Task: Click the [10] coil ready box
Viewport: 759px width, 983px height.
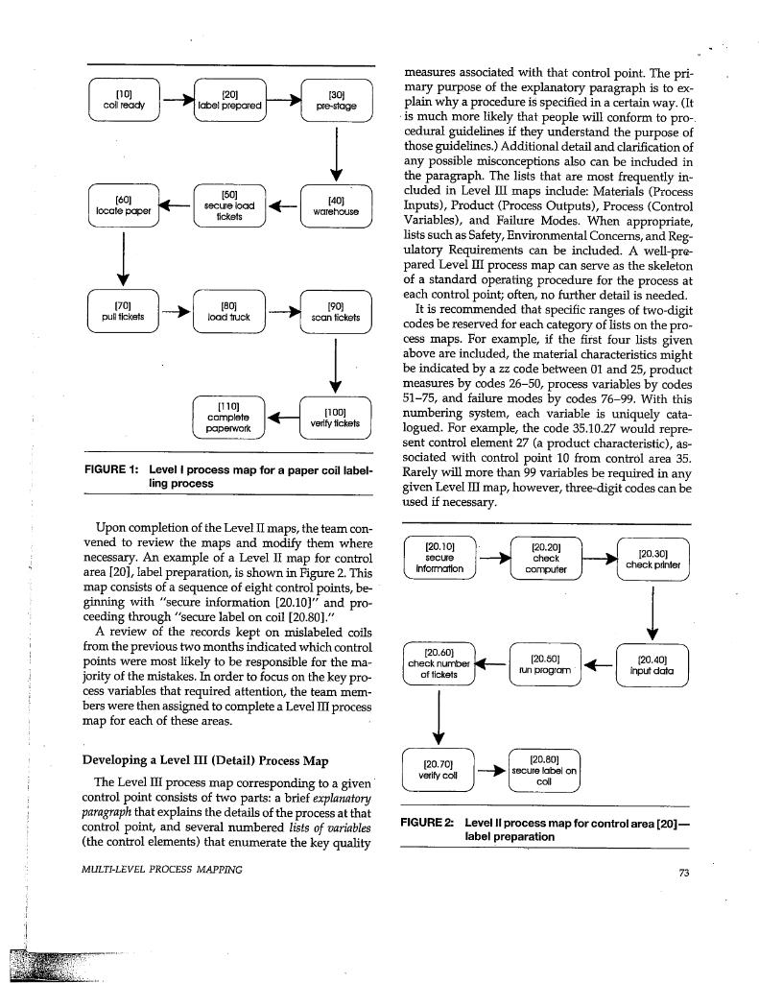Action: tap(123, 100)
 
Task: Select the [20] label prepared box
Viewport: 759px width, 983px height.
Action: tap(229, 100)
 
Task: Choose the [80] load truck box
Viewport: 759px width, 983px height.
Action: tap(229, 311)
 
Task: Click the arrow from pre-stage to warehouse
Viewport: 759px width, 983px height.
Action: tap(337, 154)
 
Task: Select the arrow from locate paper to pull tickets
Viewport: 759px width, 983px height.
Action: tap(124, 258)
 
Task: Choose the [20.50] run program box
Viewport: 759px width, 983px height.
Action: tap(545, 665)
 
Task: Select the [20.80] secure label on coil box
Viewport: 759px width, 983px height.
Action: tap(545, 770)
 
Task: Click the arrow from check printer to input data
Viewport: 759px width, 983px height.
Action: tap(652, 612)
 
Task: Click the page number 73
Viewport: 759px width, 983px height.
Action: tap(683, 872)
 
